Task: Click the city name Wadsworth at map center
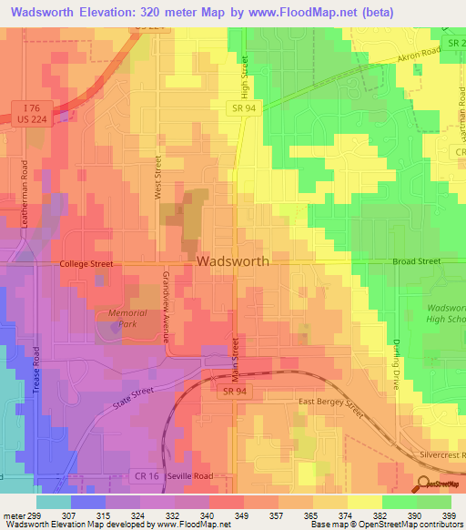[233, 260]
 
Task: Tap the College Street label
[86, 264]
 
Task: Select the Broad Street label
[416, 261]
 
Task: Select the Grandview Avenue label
[167, 299]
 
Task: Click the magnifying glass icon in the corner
[423, 484]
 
